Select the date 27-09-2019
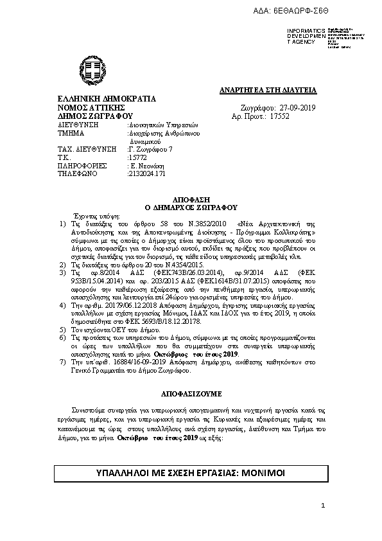click(x=299, y=109)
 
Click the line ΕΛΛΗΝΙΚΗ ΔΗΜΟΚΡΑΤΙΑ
click(x=98, y=100)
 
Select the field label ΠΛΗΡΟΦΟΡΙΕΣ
click(x=82, y=164)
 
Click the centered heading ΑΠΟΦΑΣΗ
click(x=191, y=200)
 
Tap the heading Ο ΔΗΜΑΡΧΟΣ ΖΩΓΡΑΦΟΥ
click(x=191, y=208)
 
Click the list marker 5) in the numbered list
click(x=62, y=328)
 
